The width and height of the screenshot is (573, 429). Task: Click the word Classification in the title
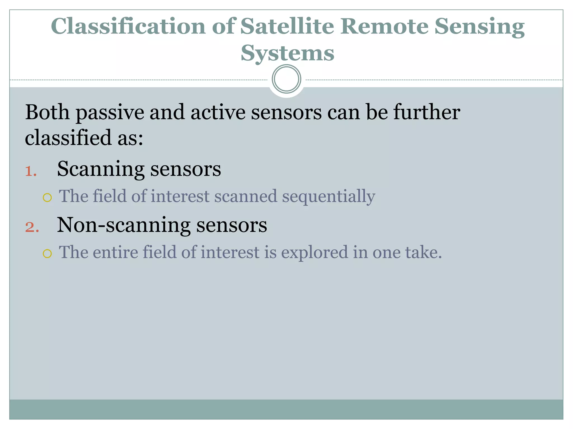point(128,26)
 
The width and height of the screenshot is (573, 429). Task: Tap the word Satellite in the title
point(287,26)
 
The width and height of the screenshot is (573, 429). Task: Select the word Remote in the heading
point(384,26)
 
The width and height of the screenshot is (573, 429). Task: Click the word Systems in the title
point(287,53)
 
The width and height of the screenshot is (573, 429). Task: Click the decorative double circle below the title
point(286,79)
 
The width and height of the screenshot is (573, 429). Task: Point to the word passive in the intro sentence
point(110,113)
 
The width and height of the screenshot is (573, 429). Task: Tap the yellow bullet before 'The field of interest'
point(47,198)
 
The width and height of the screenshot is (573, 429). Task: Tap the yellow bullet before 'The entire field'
point(47,254)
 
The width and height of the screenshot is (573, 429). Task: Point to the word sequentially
point(328,197)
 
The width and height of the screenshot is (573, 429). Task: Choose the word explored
point(314,252)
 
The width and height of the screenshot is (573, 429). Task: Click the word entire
point(115,252)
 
